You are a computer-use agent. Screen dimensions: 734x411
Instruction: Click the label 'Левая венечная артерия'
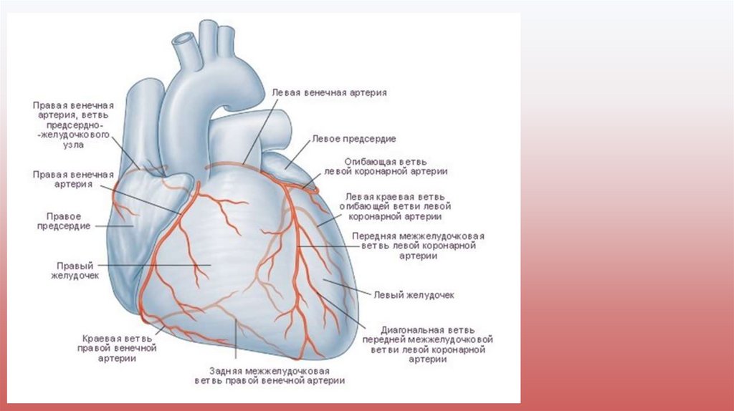330,92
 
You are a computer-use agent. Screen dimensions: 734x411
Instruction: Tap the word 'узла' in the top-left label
73,145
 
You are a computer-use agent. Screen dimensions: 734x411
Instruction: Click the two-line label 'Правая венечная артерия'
73,179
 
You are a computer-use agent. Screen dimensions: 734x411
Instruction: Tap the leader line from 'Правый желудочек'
158,268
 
